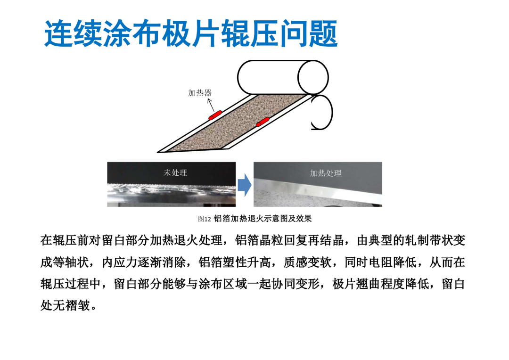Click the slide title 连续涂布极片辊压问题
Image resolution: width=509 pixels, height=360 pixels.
pyautogui.click(x=191, y=34)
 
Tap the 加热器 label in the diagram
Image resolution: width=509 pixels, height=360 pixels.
pyautogui.click(x=200, y=93)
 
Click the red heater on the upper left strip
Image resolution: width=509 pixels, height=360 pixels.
pyautogui.click(x=215, y=115)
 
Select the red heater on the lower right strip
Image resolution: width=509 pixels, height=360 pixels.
pyautogui.click(x=263, y=122)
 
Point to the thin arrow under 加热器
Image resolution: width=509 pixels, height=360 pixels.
pyautogui.click(x=211, y=105)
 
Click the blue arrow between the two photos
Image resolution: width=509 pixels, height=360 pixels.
pyautogui.click(x=245, y=185)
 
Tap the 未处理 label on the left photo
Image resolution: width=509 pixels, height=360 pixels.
pyautogui.click(x=175, y=172)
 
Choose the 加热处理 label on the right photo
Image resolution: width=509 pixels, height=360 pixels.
pyautogui.click(x=326, y=173)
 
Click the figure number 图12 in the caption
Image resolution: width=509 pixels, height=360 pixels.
pyautogui.click(x=205, y=219)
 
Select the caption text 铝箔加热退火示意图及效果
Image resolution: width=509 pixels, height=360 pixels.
pyautogui.click(x=263, y=219)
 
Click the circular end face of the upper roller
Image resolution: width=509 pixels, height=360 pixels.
pyautogui.click(x=313, y=78)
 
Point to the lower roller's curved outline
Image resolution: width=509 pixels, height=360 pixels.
pyautogui.click(x=331, y=112)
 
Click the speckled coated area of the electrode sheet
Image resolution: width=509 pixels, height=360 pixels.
pyautogui.click(x=237, y=123)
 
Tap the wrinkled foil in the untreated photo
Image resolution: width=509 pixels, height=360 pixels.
pyautogui.click(x=172, y=189)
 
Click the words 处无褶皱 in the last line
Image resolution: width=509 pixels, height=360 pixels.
pyautogui.click(x=65, y=305)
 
